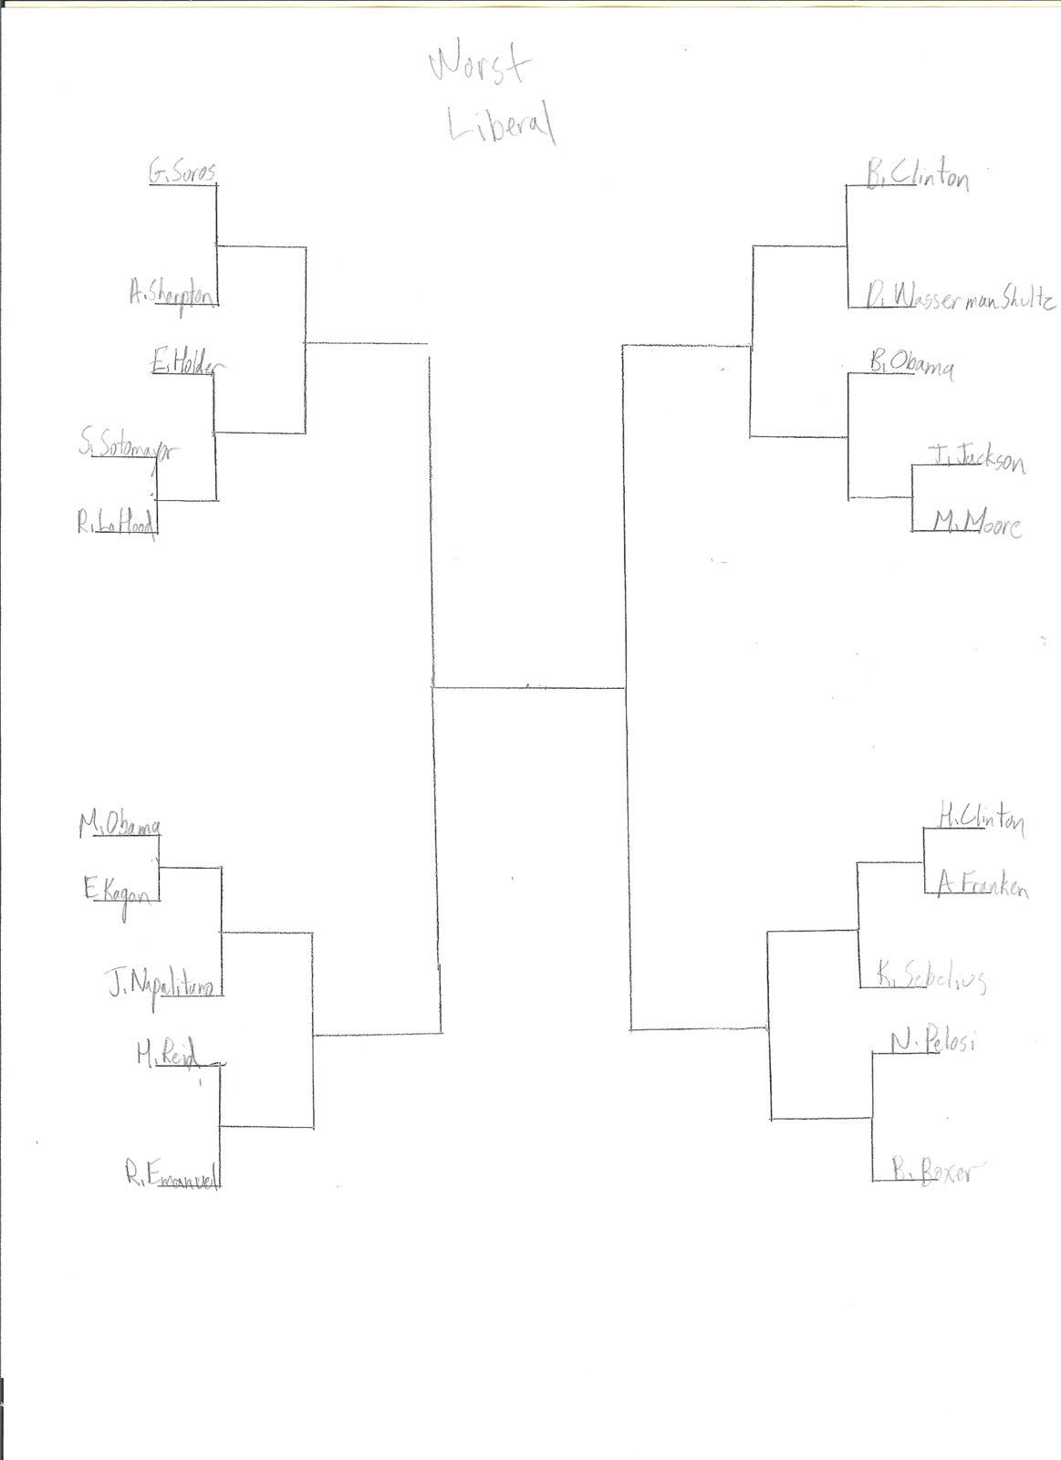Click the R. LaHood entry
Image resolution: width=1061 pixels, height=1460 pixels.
pos(116,525)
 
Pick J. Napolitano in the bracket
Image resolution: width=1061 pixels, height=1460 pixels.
pos(161,985)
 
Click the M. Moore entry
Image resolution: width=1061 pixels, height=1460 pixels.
pos(975,524)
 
